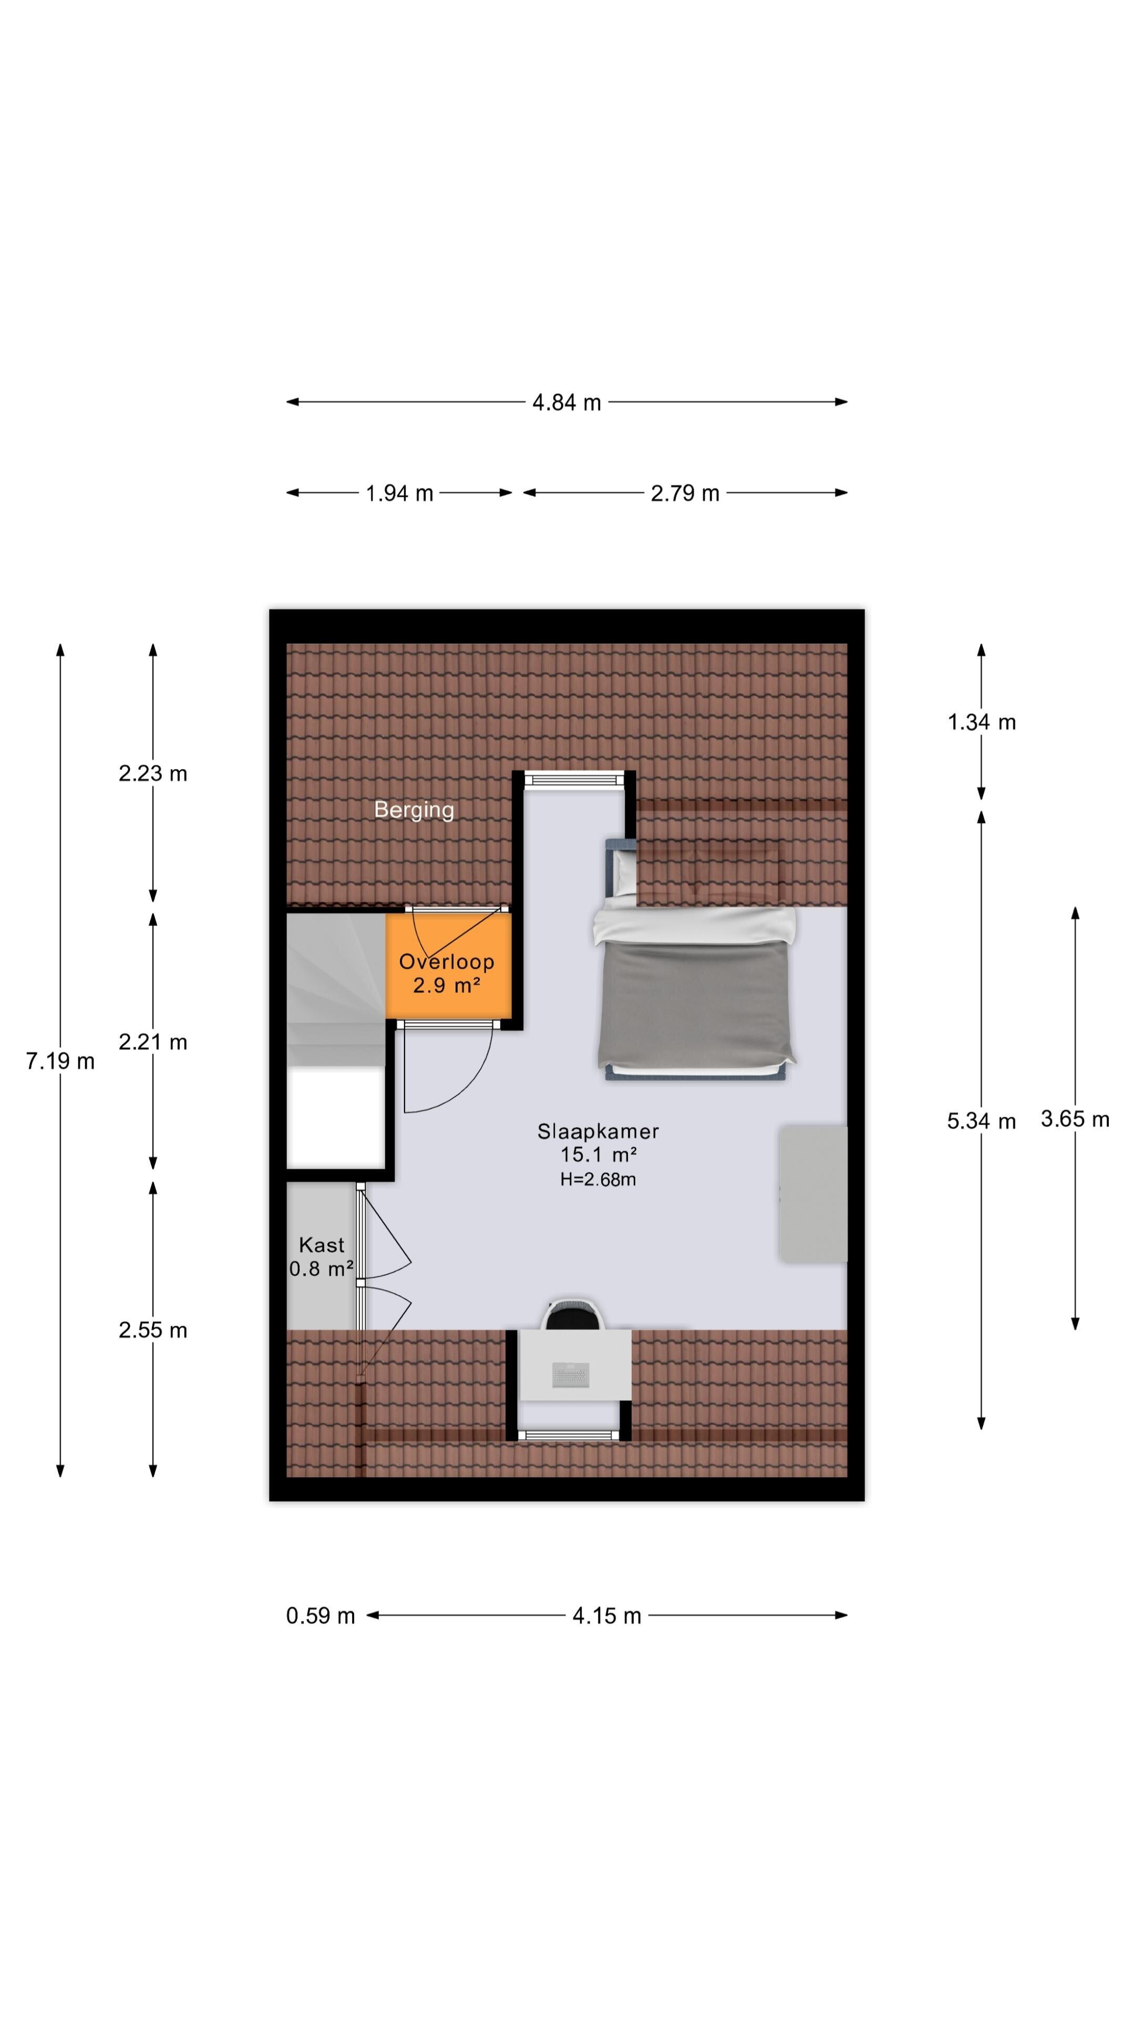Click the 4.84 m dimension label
click(x=566, y=402)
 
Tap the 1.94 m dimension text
click(x=399, y=493)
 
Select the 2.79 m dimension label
click(x=685, y=493)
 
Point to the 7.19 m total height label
click(x=60, y=1061)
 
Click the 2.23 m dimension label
click(x=153, y=774)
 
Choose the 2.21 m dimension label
click(x=153, y=1042)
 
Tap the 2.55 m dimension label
click(x=153, y=1330)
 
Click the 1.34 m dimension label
click(x=982, y=722)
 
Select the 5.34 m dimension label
click(x=982, y=1121)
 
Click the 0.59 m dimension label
click(x=321, y=1616)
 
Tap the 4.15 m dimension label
click(x=606, y=1616)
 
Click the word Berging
click(x=414, y=809)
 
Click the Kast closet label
click(x=321, y=1245)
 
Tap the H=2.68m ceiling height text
click(x=597, y=1179)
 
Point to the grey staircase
click(x=335, y=989)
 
